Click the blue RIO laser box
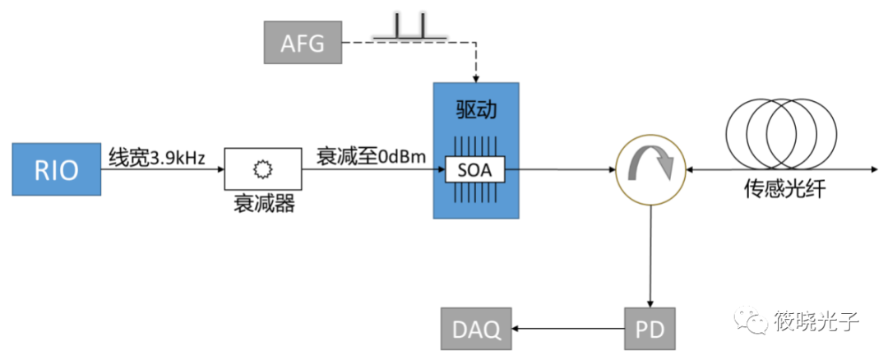coord(56,170)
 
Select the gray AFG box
coord(303,42)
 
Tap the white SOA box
coord(476,170)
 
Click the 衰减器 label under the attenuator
coord(263,203)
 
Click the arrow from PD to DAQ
coord(567,330)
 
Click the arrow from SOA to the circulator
coord(567,170)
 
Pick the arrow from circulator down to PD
coord(652,255)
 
